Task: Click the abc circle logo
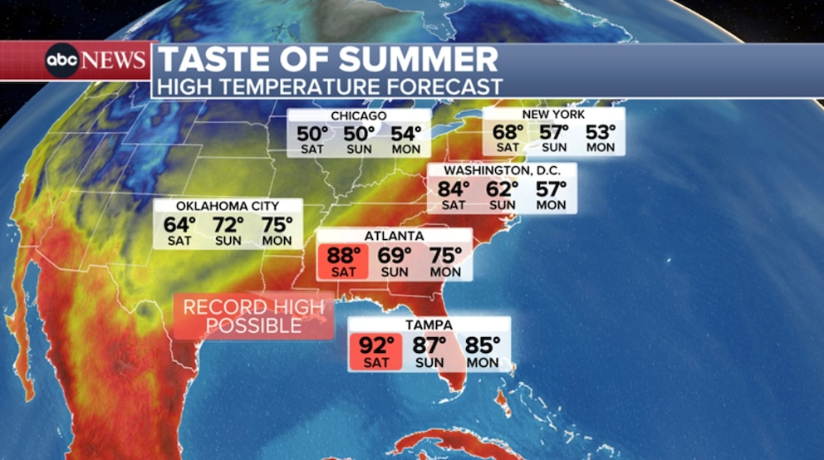point(62,61)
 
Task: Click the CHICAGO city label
point(358,115)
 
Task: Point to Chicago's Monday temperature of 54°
point(407,134)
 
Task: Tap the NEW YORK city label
point(553,114)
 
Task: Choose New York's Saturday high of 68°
point(508,131)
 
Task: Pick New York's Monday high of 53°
point(600,131)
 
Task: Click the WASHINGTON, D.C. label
point(501,170)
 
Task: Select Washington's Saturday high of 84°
point(454,188)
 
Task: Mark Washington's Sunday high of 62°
point(502,188)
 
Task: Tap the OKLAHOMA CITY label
point(228,206)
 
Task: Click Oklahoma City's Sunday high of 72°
point(228,224)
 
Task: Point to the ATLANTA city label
point(395,236)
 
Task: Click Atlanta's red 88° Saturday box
point(343,261)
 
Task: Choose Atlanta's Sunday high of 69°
point(395,255)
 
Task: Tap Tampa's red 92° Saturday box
point(375,350)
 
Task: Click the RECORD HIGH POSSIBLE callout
point(253,316)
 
